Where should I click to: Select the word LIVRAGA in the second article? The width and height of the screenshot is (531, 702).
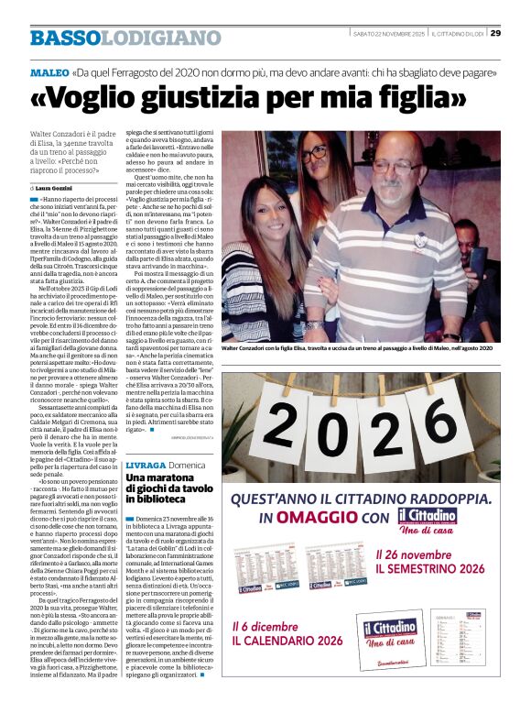146,466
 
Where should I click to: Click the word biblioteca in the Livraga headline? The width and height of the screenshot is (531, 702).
161,500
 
